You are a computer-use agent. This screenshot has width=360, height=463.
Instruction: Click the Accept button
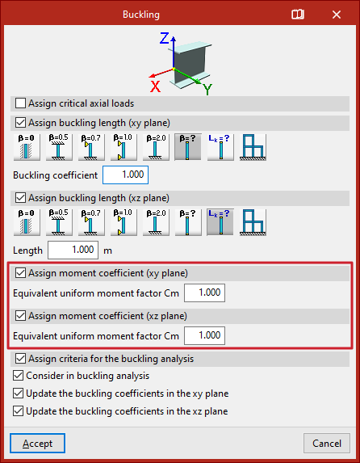pos(37,444)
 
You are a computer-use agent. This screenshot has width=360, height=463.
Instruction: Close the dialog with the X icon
pos(337,15)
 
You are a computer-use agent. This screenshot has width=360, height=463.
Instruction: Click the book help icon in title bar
pos(297,15)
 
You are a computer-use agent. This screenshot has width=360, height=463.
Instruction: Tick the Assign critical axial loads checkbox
pos(20,103)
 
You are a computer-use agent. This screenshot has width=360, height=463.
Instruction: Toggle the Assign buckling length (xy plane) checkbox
pos(20,123)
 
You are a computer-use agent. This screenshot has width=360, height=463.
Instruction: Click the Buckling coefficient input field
pos(125,175)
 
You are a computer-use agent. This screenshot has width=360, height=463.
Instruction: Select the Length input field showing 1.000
pos(73,250)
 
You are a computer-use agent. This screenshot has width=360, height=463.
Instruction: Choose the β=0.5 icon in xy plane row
pos(59,147)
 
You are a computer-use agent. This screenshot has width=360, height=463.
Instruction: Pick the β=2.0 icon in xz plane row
pos(156,222)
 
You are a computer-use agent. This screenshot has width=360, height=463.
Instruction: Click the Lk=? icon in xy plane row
pos(220,147)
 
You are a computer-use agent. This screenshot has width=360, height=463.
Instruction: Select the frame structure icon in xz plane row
pos(253,222)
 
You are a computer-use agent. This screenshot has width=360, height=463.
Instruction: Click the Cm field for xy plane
pos(204,293)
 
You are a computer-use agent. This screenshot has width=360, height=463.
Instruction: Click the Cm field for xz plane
pos(204,335)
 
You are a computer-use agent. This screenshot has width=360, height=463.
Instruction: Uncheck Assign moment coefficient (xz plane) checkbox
pos(20,316)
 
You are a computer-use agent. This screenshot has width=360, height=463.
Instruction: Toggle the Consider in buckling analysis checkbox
pos(18,376)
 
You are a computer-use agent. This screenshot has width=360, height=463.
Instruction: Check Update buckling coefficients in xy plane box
pos(18,394)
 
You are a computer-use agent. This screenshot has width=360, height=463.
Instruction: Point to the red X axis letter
pos(155,86)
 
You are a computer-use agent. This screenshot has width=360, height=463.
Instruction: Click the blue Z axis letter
pos(164,38)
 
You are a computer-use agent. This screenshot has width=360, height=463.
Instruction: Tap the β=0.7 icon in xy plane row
pos(91,147)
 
